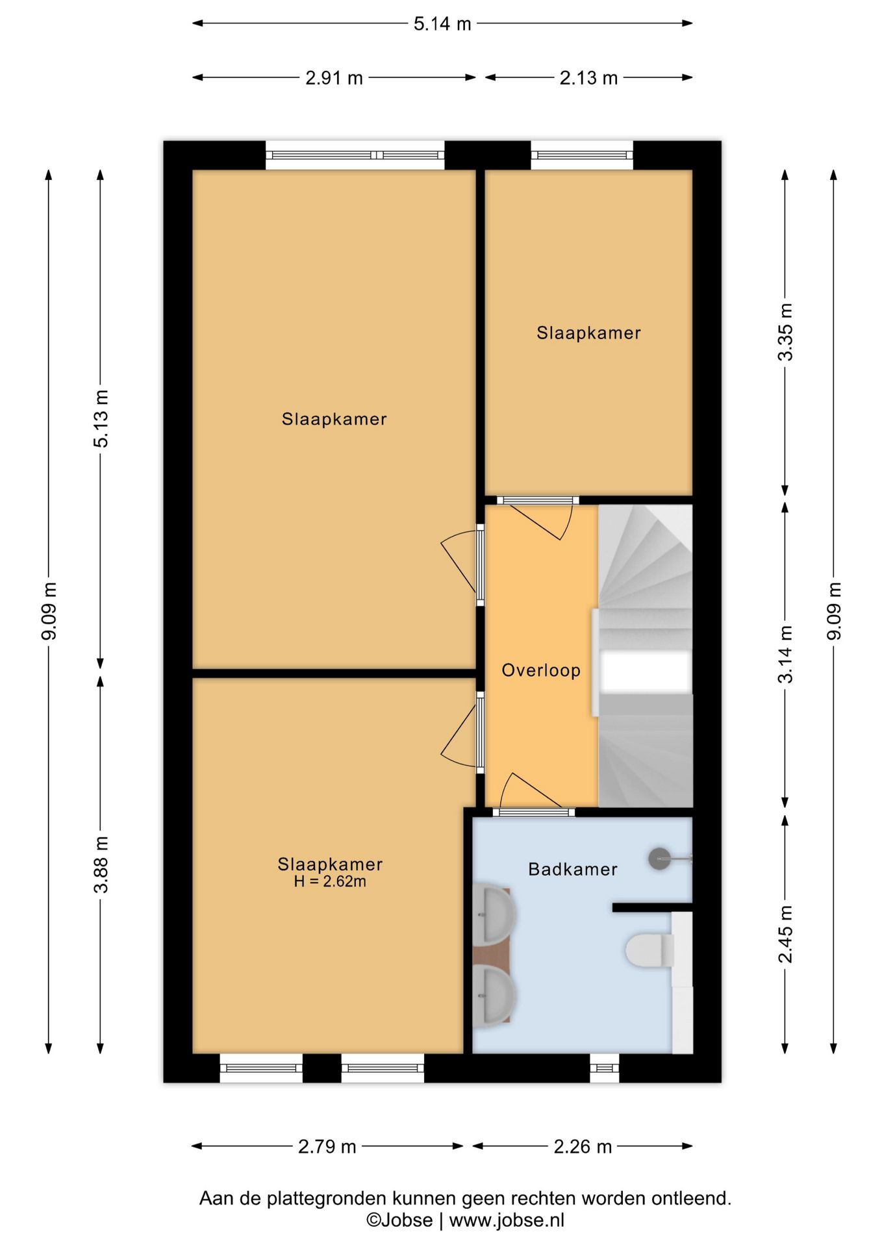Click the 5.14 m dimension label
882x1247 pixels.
(442, 24)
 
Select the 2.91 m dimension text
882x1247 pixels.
(334, 78)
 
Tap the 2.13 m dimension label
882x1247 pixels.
(588, 78)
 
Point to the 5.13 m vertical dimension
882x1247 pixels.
(101, 418)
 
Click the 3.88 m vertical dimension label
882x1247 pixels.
(101, 865)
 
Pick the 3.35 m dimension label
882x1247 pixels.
(786, 332)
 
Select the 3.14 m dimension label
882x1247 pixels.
(786, 655)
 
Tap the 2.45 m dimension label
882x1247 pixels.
(786, 934)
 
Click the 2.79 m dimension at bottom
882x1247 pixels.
(327, 1146)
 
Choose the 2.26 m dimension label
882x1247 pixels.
(583, 1146)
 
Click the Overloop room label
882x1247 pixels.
(541, 670)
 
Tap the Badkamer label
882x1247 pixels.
(573, 869)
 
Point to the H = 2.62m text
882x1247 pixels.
(330, 881)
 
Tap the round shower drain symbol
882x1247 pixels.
(660, 859)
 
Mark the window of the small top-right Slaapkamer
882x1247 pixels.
(582, 155)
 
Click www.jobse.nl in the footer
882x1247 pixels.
(507, 1220)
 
